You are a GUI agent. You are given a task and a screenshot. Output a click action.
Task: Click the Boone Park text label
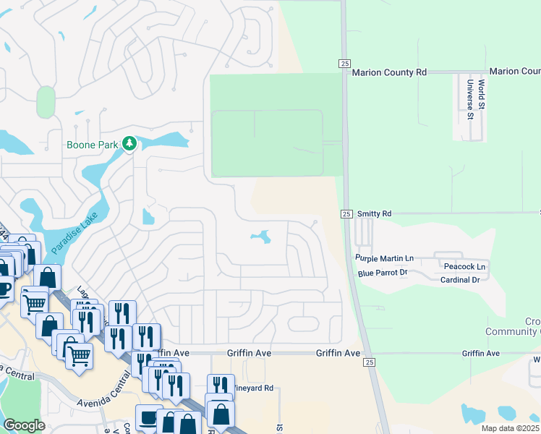[92, 145]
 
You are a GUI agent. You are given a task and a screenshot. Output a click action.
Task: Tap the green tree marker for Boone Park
[129, 144]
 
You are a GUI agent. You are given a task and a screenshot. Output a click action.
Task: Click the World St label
[482, 95]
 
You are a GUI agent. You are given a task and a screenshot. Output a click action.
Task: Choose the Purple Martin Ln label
[384, 258]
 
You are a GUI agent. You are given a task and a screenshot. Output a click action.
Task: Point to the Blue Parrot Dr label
[383, 273]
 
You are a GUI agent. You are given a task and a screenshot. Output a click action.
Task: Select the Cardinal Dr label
[460, 280]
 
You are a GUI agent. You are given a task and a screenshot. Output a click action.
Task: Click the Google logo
[24, 425]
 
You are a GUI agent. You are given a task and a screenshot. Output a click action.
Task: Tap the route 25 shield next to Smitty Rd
[346, 214]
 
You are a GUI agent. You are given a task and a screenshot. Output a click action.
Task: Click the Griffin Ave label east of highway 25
[482, 353]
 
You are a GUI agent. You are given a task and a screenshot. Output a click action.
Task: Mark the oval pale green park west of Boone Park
[46, 102]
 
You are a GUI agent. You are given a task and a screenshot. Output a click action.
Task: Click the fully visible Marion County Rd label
[390, 72]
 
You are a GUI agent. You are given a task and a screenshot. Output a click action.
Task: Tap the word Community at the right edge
[524, 331]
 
